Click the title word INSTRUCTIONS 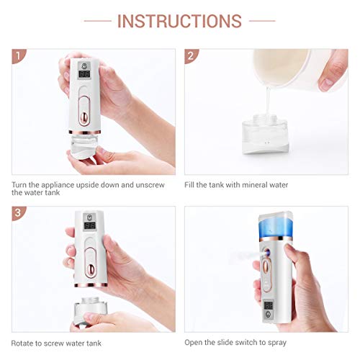coord(179,21)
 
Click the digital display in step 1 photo coord(84,73)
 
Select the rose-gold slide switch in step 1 coord(86,114)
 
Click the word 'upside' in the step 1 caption coord(99,185)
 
